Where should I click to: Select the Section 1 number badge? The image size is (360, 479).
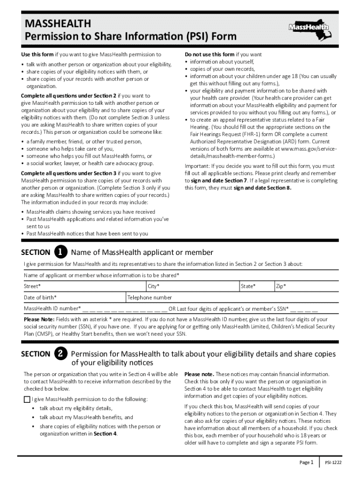[x=60, y=252]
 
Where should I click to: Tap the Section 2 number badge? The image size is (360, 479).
[x=60, y=354]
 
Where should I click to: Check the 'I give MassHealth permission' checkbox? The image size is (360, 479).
[x=27, y=399]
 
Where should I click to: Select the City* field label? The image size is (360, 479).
[x=154, y=286]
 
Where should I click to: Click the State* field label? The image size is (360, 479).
[x=248, y=286]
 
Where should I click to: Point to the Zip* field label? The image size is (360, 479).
[x=281, y=286]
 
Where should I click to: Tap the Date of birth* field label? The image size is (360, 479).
[x=41, y=298]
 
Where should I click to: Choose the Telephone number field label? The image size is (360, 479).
[x=150, y=298]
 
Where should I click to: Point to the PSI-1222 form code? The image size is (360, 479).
[x=334, y=463]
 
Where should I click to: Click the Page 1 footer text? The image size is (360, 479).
[x=307, y=463]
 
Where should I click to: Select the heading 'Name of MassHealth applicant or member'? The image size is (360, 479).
[x=142, y=253]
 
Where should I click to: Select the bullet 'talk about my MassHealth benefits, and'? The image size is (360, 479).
[x=86, y=417]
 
